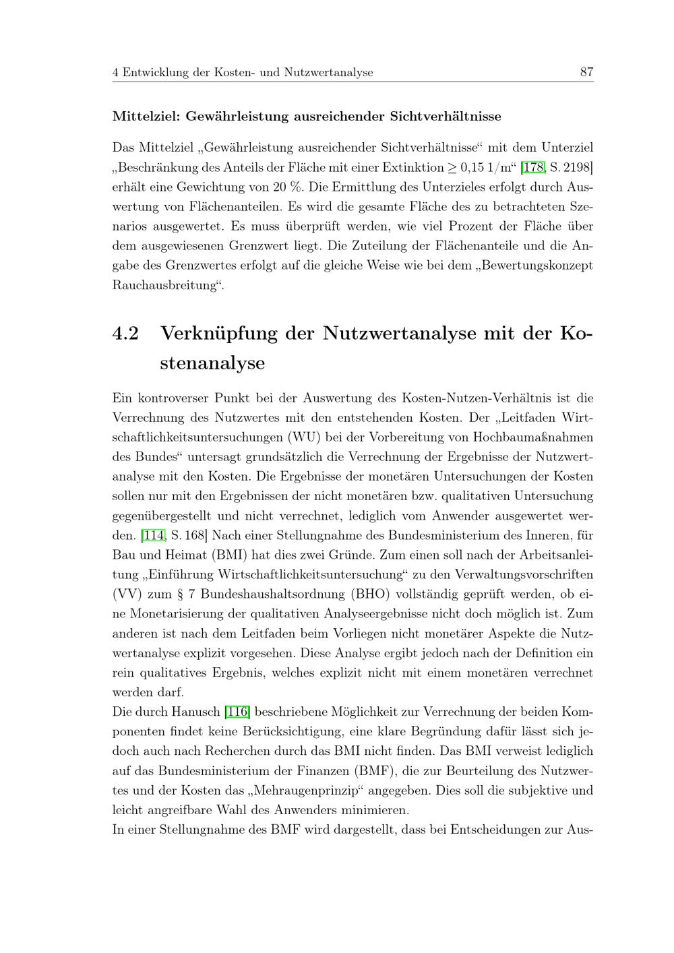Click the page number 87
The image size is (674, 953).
(x=586, y=71)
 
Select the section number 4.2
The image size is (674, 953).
(x=126, y=334)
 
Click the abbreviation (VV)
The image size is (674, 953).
(x=126, y=594)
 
